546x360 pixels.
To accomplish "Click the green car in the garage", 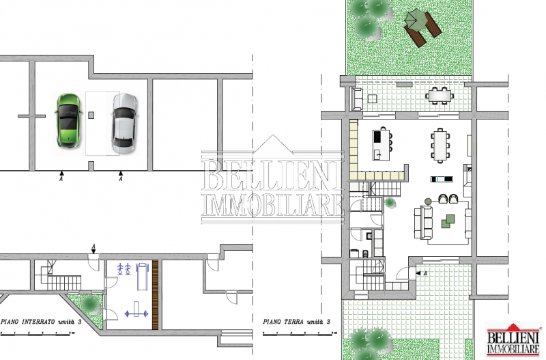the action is coord(69,121).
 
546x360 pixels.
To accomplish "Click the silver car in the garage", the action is coord(124,124).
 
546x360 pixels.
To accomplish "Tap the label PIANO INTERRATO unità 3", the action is coord(41,321).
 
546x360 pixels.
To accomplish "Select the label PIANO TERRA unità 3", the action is coord(297,322).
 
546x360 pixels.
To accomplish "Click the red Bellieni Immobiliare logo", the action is coord(513,340).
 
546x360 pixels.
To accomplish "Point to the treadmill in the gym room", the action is coord(142,277).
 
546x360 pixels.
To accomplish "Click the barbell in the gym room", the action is coord(136,309).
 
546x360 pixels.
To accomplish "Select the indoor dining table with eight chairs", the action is coord(440,146).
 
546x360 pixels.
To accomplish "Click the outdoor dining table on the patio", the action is coord(440,96).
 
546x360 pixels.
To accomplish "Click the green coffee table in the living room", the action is coord(448,221).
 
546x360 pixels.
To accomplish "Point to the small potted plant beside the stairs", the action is coord(390,202).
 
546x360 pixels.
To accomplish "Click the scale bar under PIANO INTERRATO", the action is coord(38,333).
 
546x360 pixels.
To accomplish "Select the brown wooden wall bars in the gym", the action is coord(155,295).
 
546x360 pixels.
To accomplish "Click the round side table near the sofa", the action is coord(428,201).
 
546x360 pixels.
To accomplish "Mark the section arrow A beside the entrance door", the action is coord(421,273).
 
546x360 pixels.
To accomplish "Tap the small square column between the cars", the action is coord(91,115).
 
